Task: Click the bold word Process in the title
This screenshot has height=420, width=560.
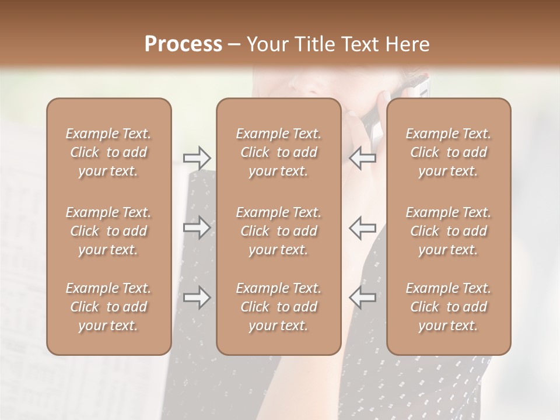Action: pos(183,44)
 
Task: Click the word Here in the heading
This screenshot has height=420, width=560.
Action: pos(408,44)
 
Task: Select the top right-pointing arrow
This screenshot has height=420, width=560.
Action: pos(197,157)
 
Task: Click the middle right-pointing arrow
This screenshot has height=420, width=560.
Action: pos(197,228)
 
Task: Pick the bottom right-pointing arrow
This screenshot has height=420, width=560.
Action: pos(197,297)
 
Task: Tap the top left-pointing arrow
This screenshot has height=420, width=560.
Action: pos(363,157)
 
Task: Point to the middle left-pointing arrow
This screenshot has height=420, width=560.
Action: pos(363,228)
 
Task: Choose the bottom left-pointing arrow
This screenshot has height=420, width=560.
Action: pos(363,297)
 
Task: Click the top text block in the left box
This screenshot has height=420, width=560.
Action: pos(108,152)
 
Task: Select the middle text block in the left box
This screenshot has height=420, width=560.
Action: pos(108,231)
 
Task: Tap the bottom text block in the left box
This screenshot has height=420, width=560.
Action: pos(108,307)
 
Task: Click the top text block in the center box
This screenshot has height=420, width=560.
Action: pos(279,152)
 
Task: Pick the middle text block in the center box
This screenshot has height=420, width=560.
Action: pos(279,231)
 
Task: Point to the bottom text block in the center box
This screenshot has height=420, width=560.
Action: pos(279,307)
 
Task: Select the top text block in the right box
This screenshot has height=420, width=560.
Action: pos(449,152)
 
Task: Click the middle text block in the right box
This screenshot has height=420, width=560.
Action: pos(449,231)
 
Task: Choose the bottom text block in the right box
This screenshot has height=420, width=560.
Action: pos(449,307)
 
